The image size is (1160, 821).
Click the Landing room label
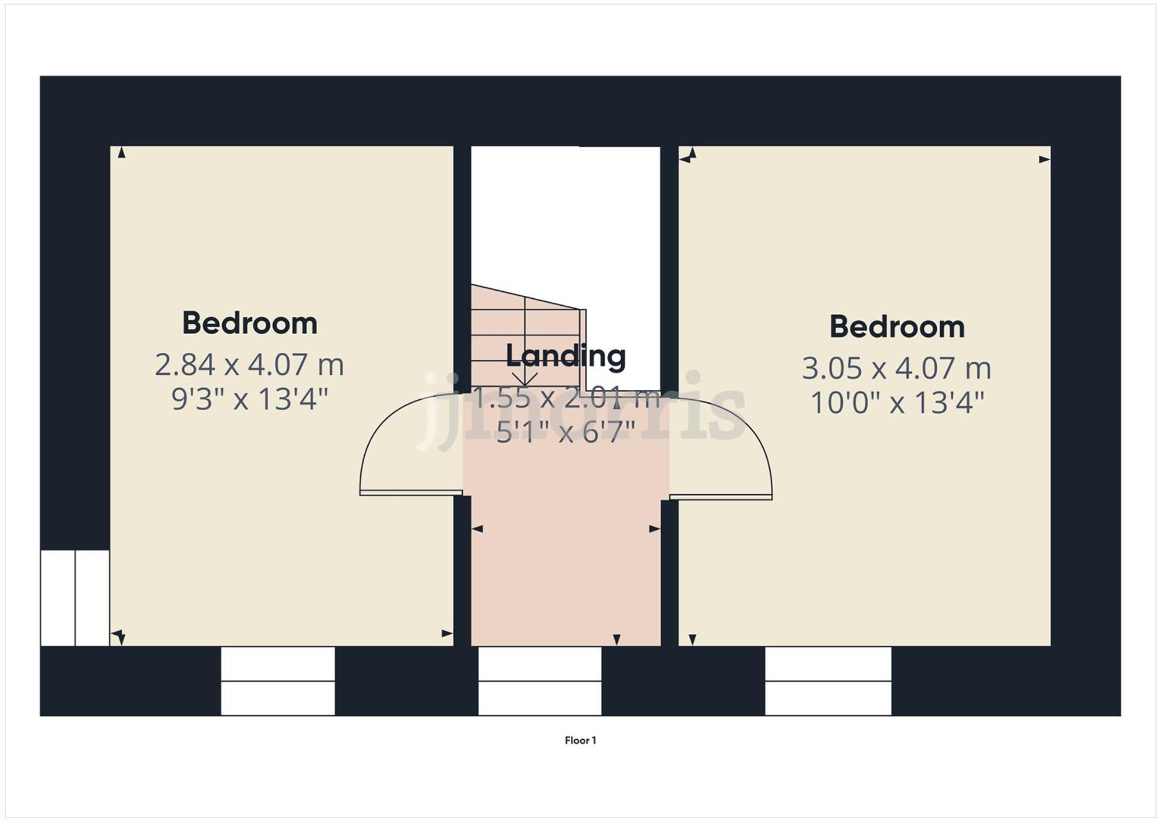[565, 356]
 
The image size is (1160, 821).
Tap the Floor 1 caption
[580, 740]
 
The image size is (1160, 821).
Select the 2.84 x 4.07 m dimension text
[249, 365]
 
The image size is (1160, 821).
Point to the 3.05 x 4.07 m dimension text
[897, 368]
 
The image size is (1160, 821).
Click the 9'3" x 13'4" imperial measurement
[249, 399]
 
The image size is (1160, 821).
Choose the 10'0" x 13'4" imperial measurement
[897, 403]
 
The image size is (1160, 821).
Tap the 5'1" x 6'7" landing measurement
[565, 432]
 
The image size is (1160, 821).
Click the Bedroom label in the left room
[249, 323]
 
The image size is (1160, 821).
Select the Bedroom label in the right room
[897, 327]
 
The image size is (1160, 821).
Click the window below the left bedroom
[278, 681]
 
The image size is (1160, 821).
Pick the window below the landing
[539, 681]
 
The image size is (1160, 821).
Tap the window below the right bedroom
[828, 681]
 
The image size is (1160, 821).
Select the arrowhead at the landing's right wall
[655, 529]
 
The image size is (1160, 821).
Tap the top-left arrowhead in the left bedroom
[121, 153]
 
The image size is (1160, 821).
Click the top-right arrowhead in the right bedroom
[1044, 160]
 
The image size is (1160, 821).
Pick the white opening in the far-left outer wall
[75, 598]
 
